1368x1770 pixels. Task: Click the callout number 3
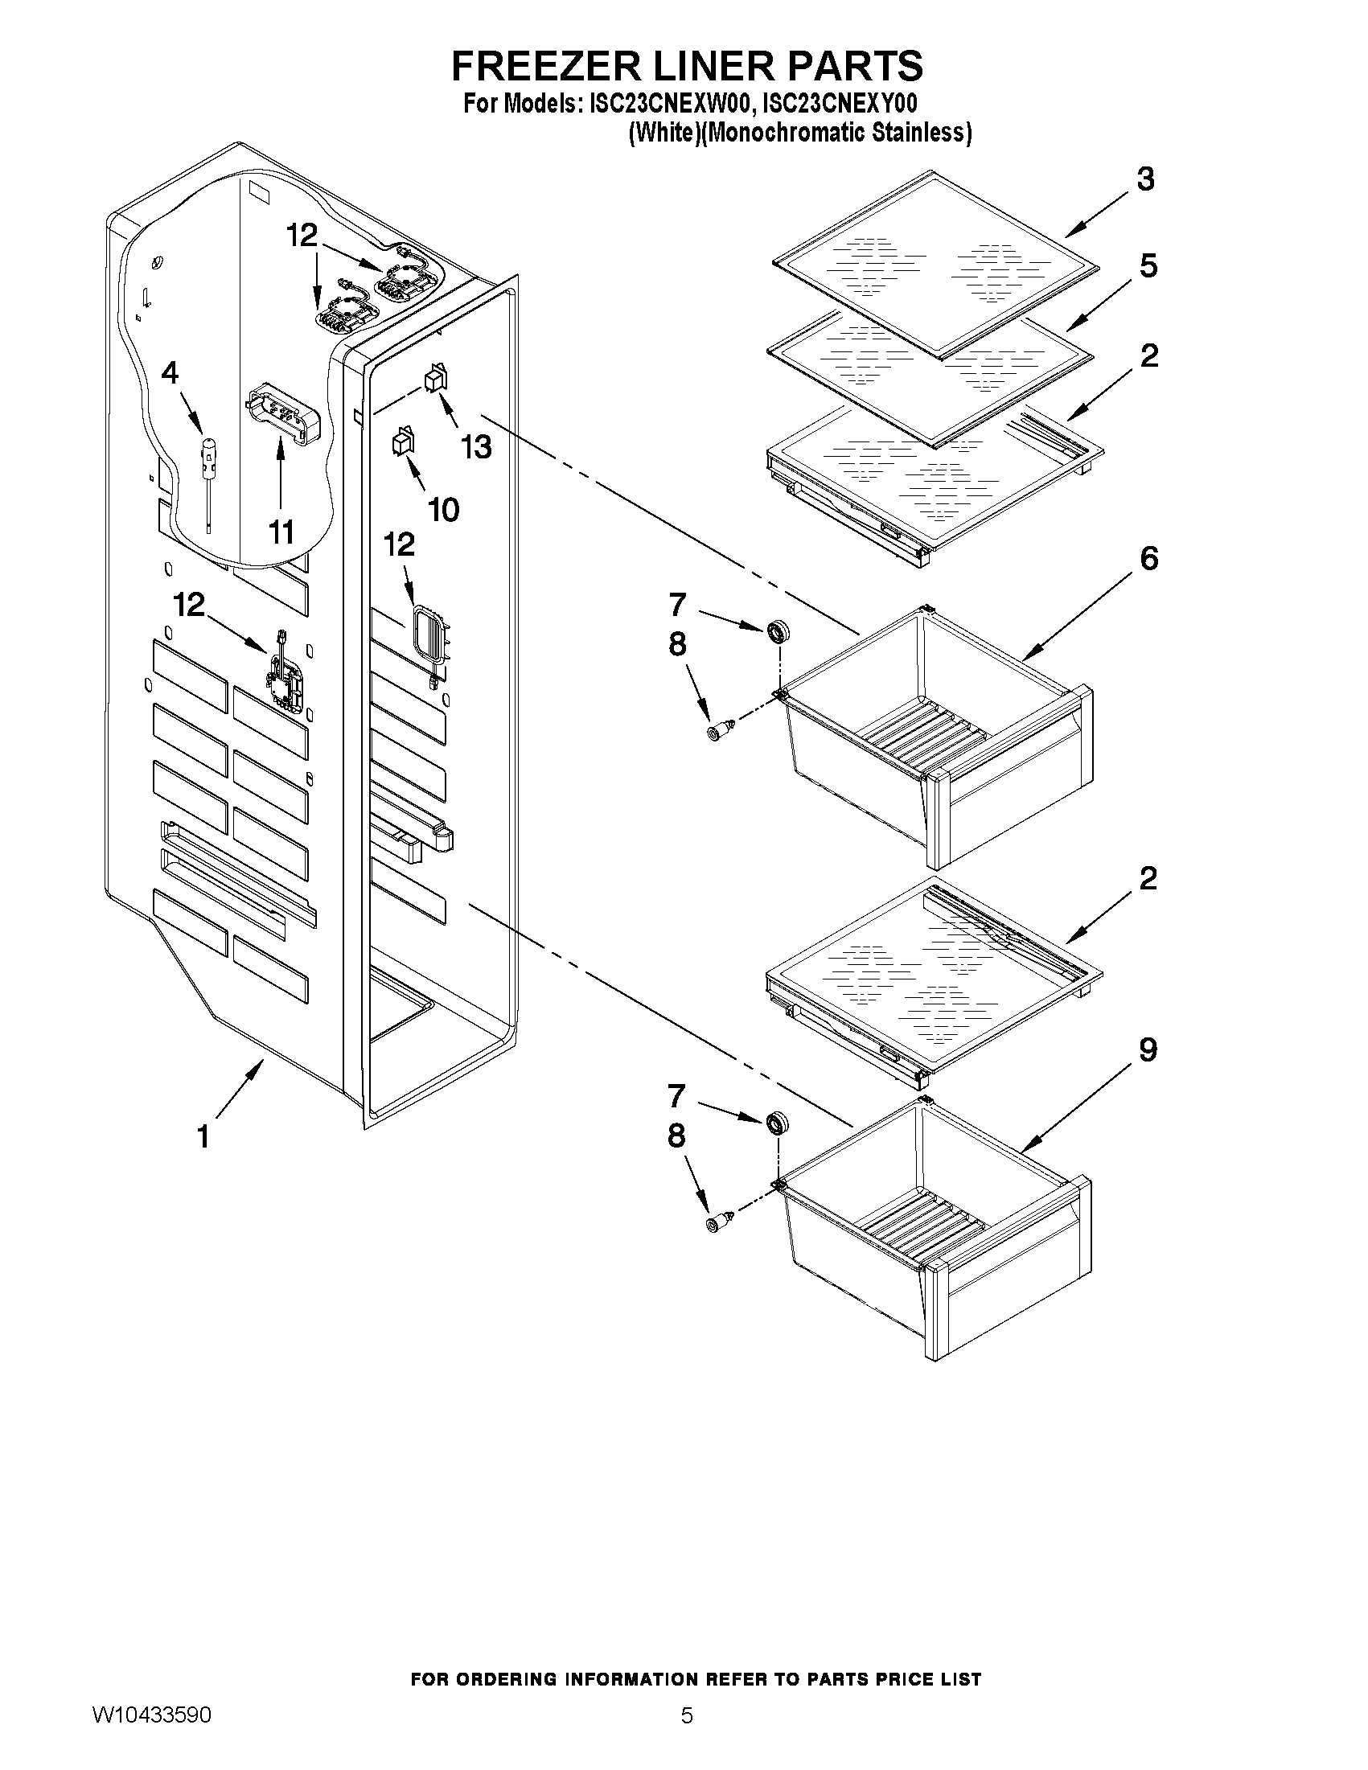(1145, 179)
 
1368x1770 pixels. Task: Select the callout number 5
(1148, 266)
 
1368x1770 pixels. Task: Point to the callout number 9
(1148, 1050)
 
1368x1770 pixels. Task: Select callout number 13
(477, 446)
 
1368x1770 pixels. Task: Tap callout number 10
(443, 510)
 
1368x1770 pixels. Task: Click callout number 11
(281, 532)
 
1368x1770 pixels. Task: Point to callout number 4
(170, 373)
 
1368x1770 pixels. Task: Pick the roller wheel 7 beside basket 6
(778, 629)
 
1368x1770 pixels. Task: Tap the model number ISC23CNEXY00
(840, 105)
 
